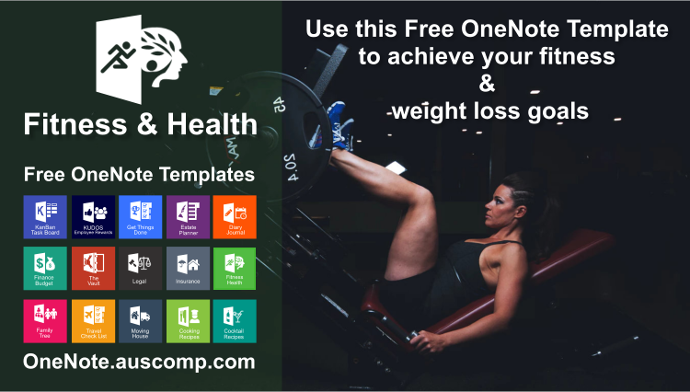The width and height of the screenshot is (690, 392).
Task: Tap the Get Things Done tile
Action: pyautogui.click(x=141, y=216)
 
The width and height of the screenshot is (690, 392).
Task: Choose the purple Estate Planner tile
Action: pyautogui.click(x=188, y=216)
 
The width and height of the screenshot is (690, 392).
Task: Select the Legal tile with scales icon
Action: pyautogui.click(x=141, y=268)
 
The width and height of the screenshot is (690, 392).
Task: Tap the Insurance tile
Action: pyautogui.click(x=188, y=268)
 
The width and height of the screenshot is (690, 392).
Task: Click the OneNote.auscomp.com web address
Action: pyautogui.click(x=139, y=362)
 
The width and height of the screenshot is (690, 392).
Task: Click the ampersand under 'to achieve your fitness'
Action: pyautogui.click(x=487, y=84)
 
